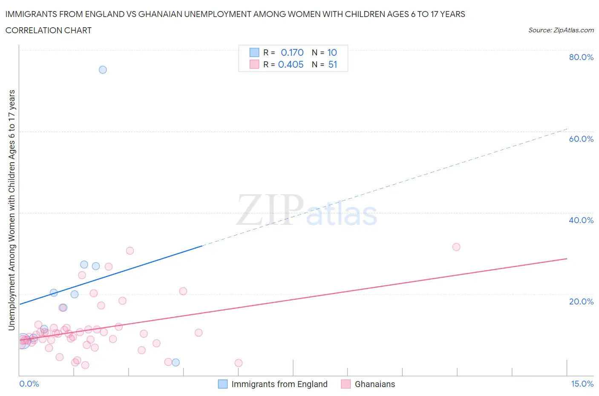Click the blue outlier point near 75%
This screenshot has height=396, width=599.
click(103, 70)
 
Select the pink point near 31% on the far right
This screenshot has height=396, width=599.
click(456, 247)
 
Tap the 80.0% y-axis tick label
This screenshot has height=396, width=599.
click(581, 57)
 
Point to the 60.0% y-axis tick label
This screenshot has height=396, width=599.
click(581, 139)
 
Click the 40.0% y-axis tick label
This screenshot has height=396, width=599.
click(581, 220)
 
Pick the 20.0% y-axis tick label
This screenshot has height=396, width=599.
click(581, 301)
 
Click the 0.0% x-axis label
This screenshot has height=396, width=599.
click(29, 384)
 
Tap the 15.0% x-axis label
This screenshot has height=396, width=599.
click(582, 384)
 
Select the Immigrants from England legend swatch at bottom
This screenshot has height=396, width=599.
click(223, 384)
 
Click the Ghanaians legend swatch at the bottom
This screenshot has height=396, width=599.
click(346, 384)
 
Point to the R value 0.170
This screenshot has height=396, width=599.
click(292, 52)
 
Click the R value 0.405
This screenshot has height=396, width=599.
click(291, 64)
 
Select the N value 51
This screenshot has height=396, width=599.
click(333, 64)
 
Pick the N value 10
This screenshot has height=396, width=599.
click(332, 52)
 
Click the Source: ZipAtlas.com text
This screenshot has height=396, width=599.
click(561, 30)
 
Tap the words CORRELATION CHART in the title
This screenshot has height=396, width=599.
click(49, 30)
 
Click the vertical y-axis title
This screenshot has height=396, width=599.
click(12, 210)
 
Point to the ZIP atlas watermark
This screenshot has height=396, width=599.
click(307, 210)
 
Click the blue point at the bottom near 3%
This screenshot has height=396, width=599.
click(176, 363)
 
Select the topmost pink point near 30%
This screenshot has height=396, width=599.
click(130, 251)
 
